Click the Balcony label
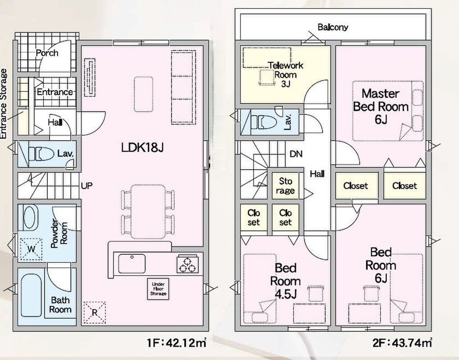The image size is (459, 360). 333,27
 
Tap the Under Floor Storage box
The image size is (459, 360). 158,289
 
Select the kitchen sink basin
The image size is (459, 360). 132,264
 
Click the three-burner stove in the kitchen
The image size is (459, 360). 188,264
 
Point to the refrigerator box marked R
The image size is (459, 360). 95,312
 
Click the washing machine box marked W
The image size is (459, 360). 31,249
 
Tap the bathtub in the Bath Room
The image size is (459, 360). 31,295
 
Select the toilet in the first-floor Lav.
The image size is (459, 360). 41,154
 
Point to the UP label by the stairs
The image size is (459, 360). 86,186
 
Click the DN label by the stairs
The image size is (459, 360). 296,154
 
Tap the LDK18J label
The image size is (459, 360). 142,148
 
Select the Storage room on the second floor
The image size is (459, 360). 286,186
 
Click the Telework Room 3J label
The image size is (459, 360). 286,75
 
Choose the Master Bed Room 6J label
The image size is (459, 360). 381,107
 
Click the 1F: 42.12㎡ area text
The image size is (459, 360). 177,342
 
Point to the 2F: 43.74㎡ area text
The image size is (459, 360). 403,342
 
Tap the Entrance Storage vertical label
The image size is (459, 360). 4,104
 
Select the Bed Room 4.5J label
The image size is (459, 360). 286,281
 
